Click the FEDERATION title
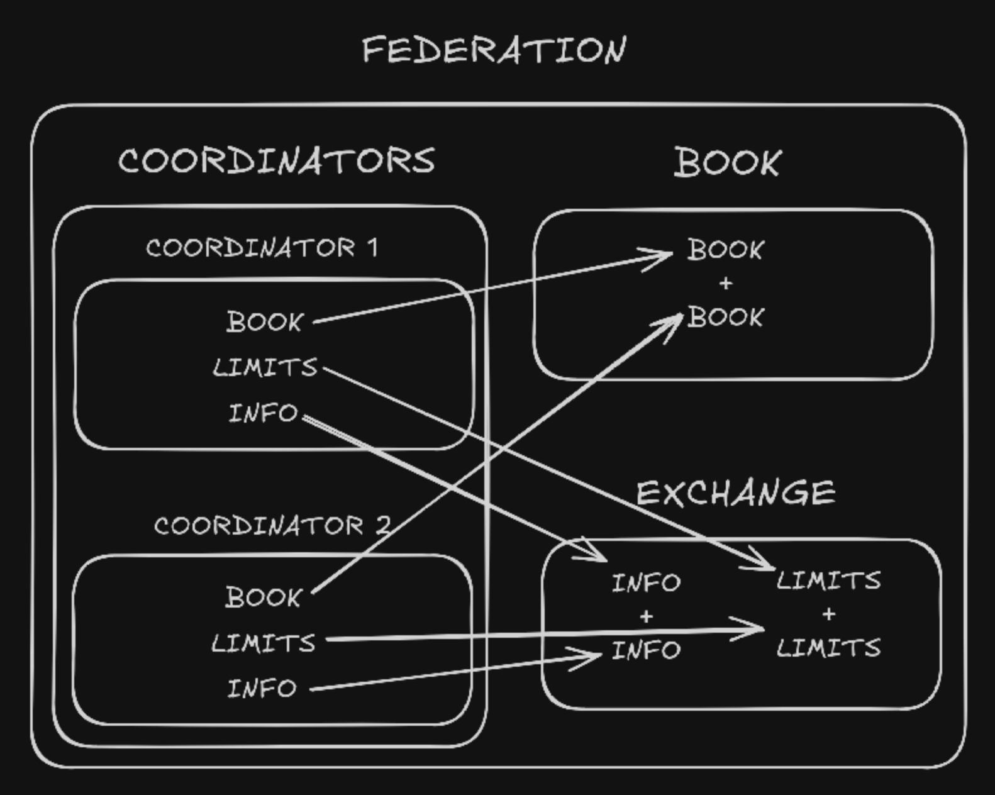click(x=494, y=50)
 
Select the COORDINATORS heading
click(x=277, y=160)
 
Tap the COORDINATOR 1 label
click(x=262, y=248)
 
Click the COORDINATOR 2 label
click(x=272, y=526)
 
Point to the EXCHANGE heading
click(x=736, y=492)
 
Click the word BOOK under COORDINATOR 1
click(x=265, y=322)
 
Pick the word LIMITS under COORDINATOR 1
click(x=265, y=367)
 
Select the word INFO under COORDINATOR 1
click(x=263, y=413)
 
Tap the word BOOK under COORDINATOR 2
click(x=264, y=597)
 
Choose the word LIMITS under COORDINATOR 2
click(x=264, y=643)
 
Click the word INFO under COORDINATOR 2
click(x=262, y=689)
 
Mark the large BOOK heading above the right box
click(x=728, y=162)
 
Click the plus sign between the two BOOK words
click(x=726, y=284)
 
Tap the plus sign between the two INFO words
click(x=646, y=617)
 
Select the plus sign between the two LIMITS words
click(x=828, y=614)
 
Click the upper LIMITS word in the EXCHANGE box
click(x=828, y=581)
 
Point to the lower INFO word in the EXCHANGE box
click(x=646, y=650)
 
